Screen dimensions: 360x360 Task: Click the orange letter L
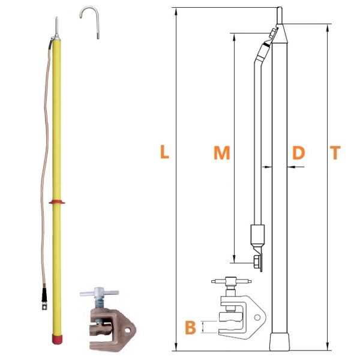[x=164, y=152]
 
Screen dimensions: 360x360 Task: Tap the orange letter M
[x=221, y=152]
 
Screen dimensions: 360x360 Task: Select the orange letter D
[x=298, y=152]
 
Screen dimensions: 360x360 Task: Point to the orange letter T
[x=335, y=152]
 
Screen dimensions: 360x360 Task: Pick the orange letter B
[x=190, y=328]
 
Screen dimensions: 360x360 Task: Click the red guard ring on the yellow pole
[x=57, y=202]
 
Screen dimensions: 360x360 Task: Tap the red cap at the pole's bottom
[x=57, y=339]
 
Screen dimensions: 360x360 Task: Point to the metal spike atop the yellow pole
[x=56, y=26]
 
